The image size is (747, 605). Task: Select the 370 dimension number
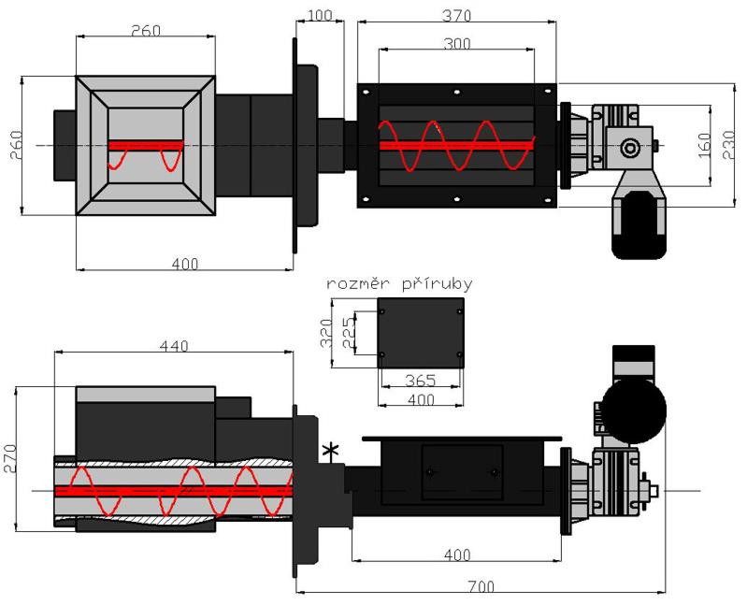tap(457, 15)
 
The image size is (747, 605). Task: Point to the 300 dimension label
tap(456, 43)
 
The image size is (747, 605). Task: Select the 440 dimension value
tap(174, 346)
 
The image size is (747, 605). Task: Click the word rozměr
tap(352, 284)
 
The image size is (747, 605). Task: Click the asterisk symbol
tap(328, 453)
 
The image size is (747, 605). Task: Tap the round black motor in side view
tap(633, 409)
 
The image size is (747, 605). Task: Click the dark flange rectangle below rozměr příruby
tap(420, 334)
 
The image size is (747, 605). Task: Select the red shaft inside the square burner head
tap(146, 145)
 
